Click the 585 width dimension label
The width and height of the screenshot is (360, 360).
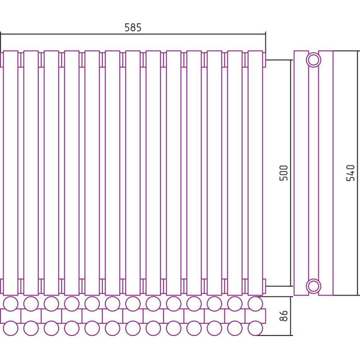(133, 27)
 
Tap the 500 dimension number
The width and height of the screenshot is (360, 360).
(284, 173)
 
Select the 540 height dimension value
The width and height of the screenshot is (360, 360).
(351, 173)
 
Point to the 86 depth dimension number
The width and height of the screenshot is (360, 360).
(284, 316)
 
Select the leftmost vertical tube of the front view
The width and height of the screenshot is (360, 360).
(11, 173)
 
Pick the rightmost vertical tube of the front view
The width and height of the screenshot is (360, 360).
(255, 173)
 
